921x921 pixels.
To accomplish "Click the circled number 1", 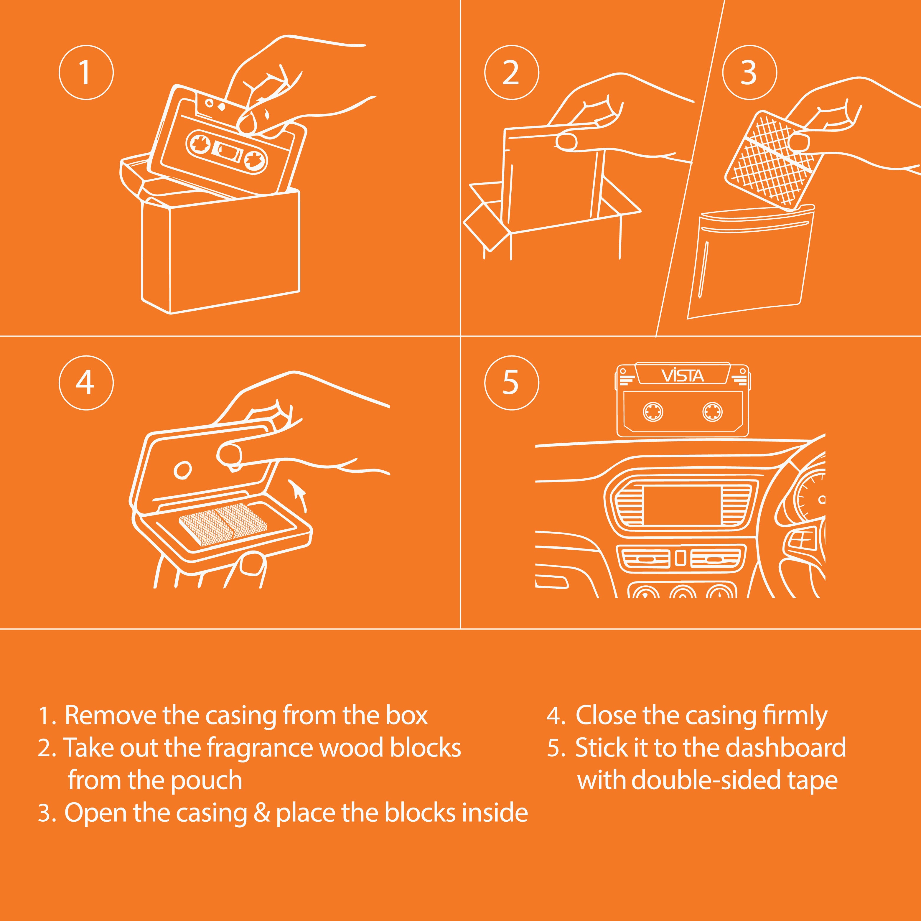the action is coord(86,73).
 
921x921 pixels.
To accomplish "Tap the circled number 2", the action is coord(512,73).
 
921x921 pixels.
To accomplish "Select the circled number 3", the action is coord(749,73).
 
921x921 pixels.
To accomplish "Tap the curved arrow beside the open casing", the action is coord(299,496).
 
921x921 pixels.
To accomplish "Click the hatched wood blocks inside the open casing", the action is coord(223,525).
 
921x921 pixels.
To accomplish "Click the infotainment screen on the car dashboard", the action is coord(682,505).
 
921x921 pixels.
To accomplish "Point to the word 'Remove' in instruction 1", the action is coord(111,716).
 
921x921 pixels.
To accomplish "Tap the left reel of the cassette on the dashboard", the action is coord(653,412).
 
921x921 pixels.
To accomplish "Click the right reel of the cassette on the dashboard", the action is coord(712,412).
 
